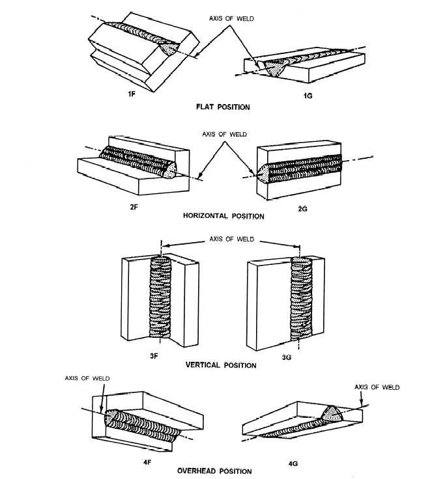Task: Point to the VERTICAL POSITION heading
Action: [222, 366]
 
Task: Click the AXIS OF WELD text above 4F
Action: [86, 377]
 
